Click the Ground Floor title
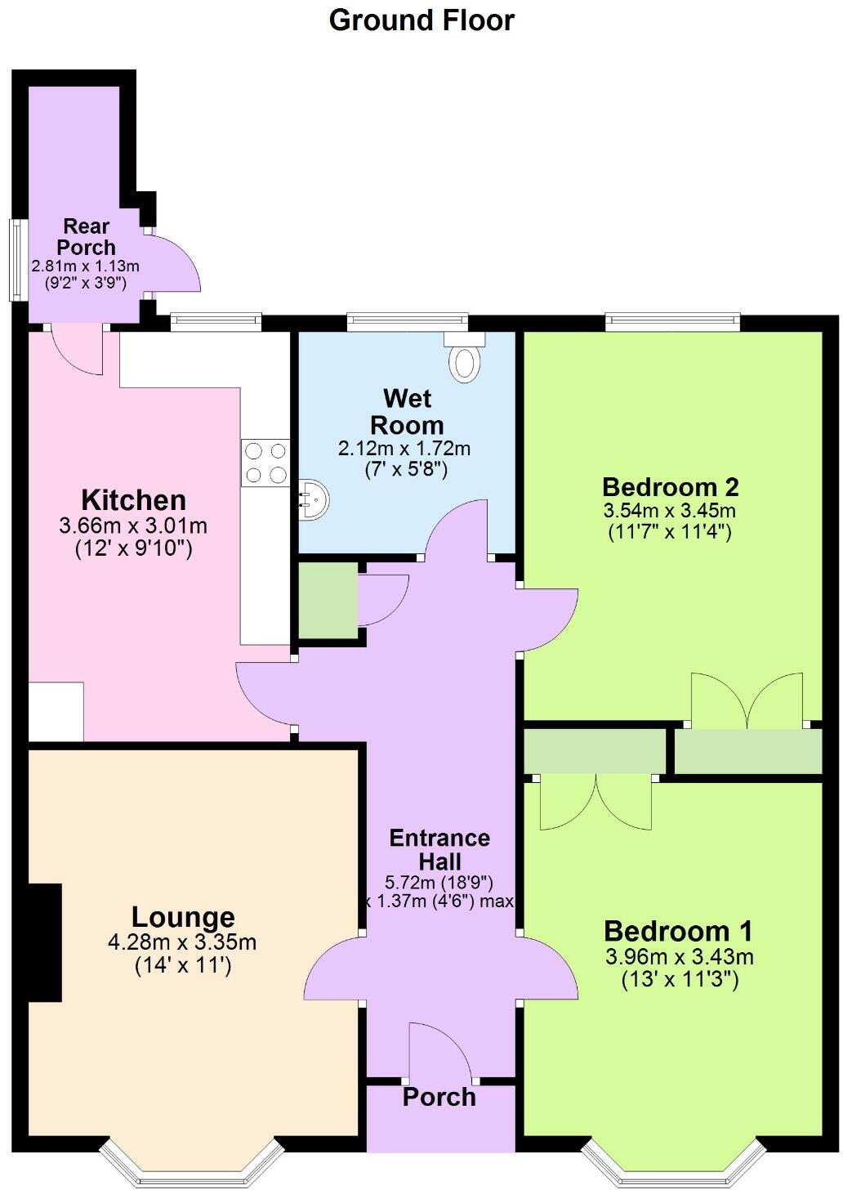pyautogui.click(x=421, y=20)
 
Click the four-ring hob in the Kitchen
pyautogui.click(x=265, y=463)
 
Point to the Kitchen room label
pyautogui.click(x=133, y=499)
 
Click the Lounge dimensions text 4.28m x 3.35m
pyautogui.click(x=182, y=942)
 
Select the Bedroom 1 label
pyautogui.click(x=678, y=931)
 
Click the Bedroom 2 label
pyautogui.click(x=670, y=487)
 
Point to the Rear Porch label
pyautogui.click(x=86, y=236)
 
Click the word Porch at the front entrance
pyautogui.click(x=439, y=1097)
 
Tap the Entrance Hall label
pyautogui.click(x=439, y=849)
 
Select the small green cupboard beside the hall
pyautogui.click(x=328, y=601)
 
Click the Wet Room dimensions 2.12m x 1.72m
pyautogui.click(x=404, y=449)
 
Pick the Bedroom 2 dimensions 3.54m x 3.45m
pyautogui.click(x=670, y=512)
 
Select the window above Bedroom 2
pyautogui.click(x=672, y=323)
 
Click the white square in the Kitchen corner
pyautogui.click(x=56, y=711)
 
